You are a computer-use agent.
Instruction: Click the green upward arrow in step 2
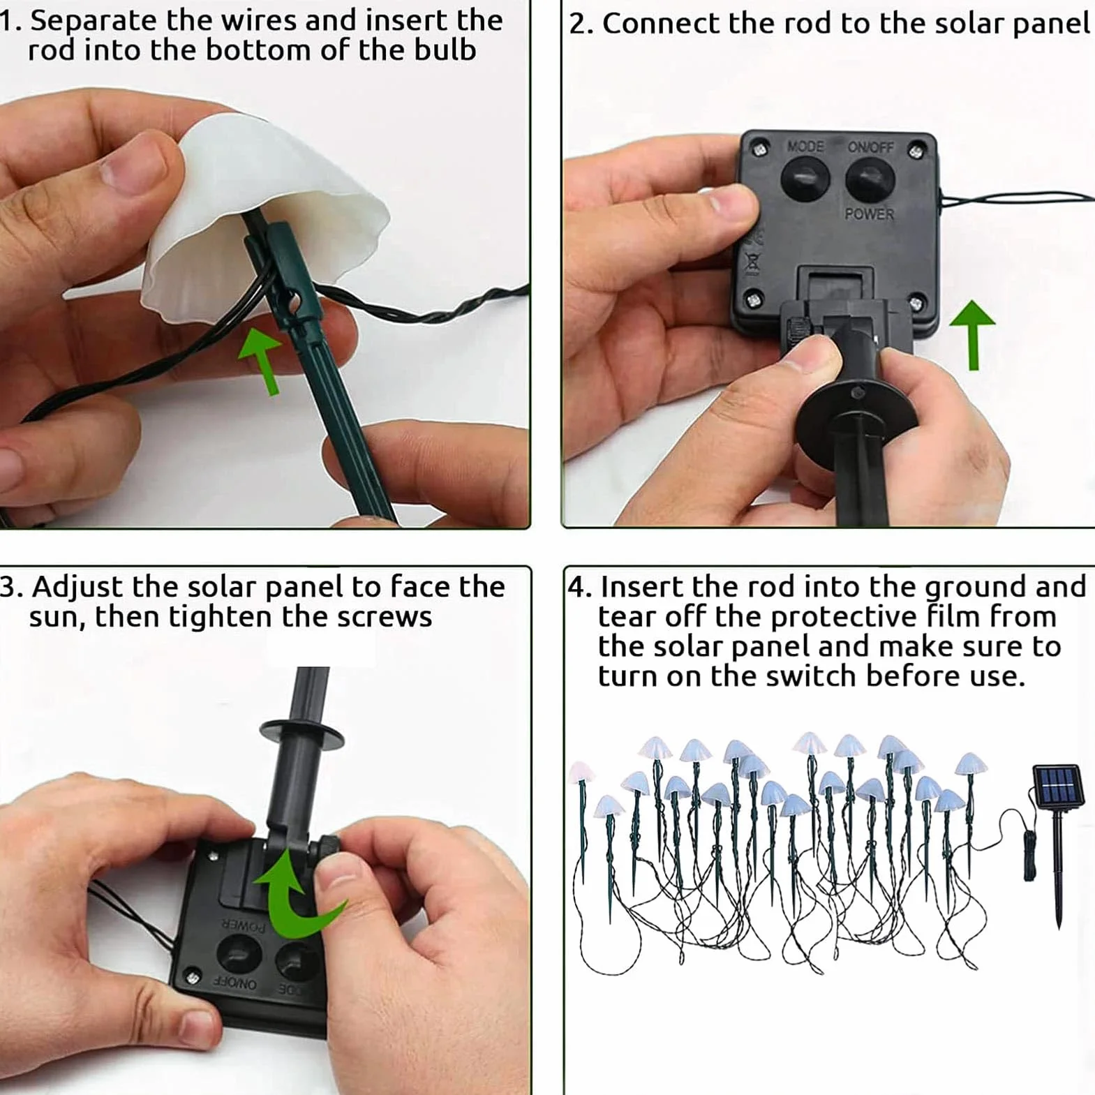click(972, 335)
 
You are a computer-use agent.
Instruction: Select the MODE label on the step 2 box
click(805, 147)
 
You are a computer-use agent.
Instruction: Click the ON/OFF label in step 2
click(870, 147)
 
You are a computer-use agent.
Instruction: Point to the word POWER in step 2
click(869, 214)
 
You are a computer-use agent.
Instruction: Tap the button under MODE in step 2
click(805, 179)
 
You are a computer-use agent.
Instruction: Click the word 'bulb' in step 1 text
click(445, 50)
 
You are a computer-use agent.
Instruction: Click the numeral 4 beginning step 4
click(576, 587)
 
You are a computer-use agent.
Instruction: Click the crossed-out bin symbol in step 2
click(753, 263)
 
